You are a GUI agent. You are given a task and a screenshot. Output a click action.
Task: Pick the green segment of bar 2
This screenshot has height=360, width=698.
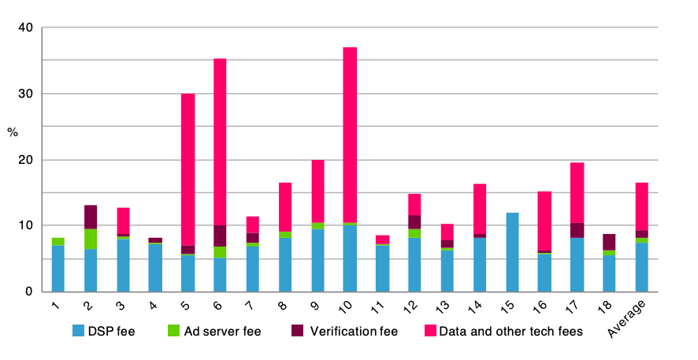pos(91,239)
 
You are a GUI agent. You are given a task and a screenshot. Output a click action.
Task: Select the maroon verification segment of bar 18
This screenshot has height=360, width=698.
pos(609,242)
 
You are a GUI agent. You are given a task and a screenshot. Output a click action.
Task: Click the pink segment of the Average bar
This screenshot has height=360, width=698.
pos(641,206)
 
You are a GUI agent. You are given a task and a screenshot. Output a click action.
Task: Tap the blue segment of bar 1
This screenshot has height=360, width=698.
pos(58,268)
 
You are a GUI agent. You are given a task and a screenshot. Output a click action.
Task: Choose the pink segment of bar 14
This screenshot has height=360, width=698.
pos(480,209)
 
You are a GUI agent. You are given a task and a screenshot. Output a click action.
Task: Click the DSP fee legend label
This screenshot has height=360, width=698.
pos(114,332)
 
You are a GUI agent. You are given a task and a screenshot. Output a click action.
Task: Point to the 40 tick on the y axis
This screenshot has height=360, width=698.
pos(26,28)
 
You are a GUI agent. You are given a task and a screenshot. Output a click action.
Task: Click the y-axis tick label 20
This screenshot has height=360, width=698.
pos(26,160)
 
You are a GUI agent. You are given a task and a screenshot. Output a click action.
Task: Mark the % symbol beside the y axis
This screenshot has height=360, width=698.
pos(13,132)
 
